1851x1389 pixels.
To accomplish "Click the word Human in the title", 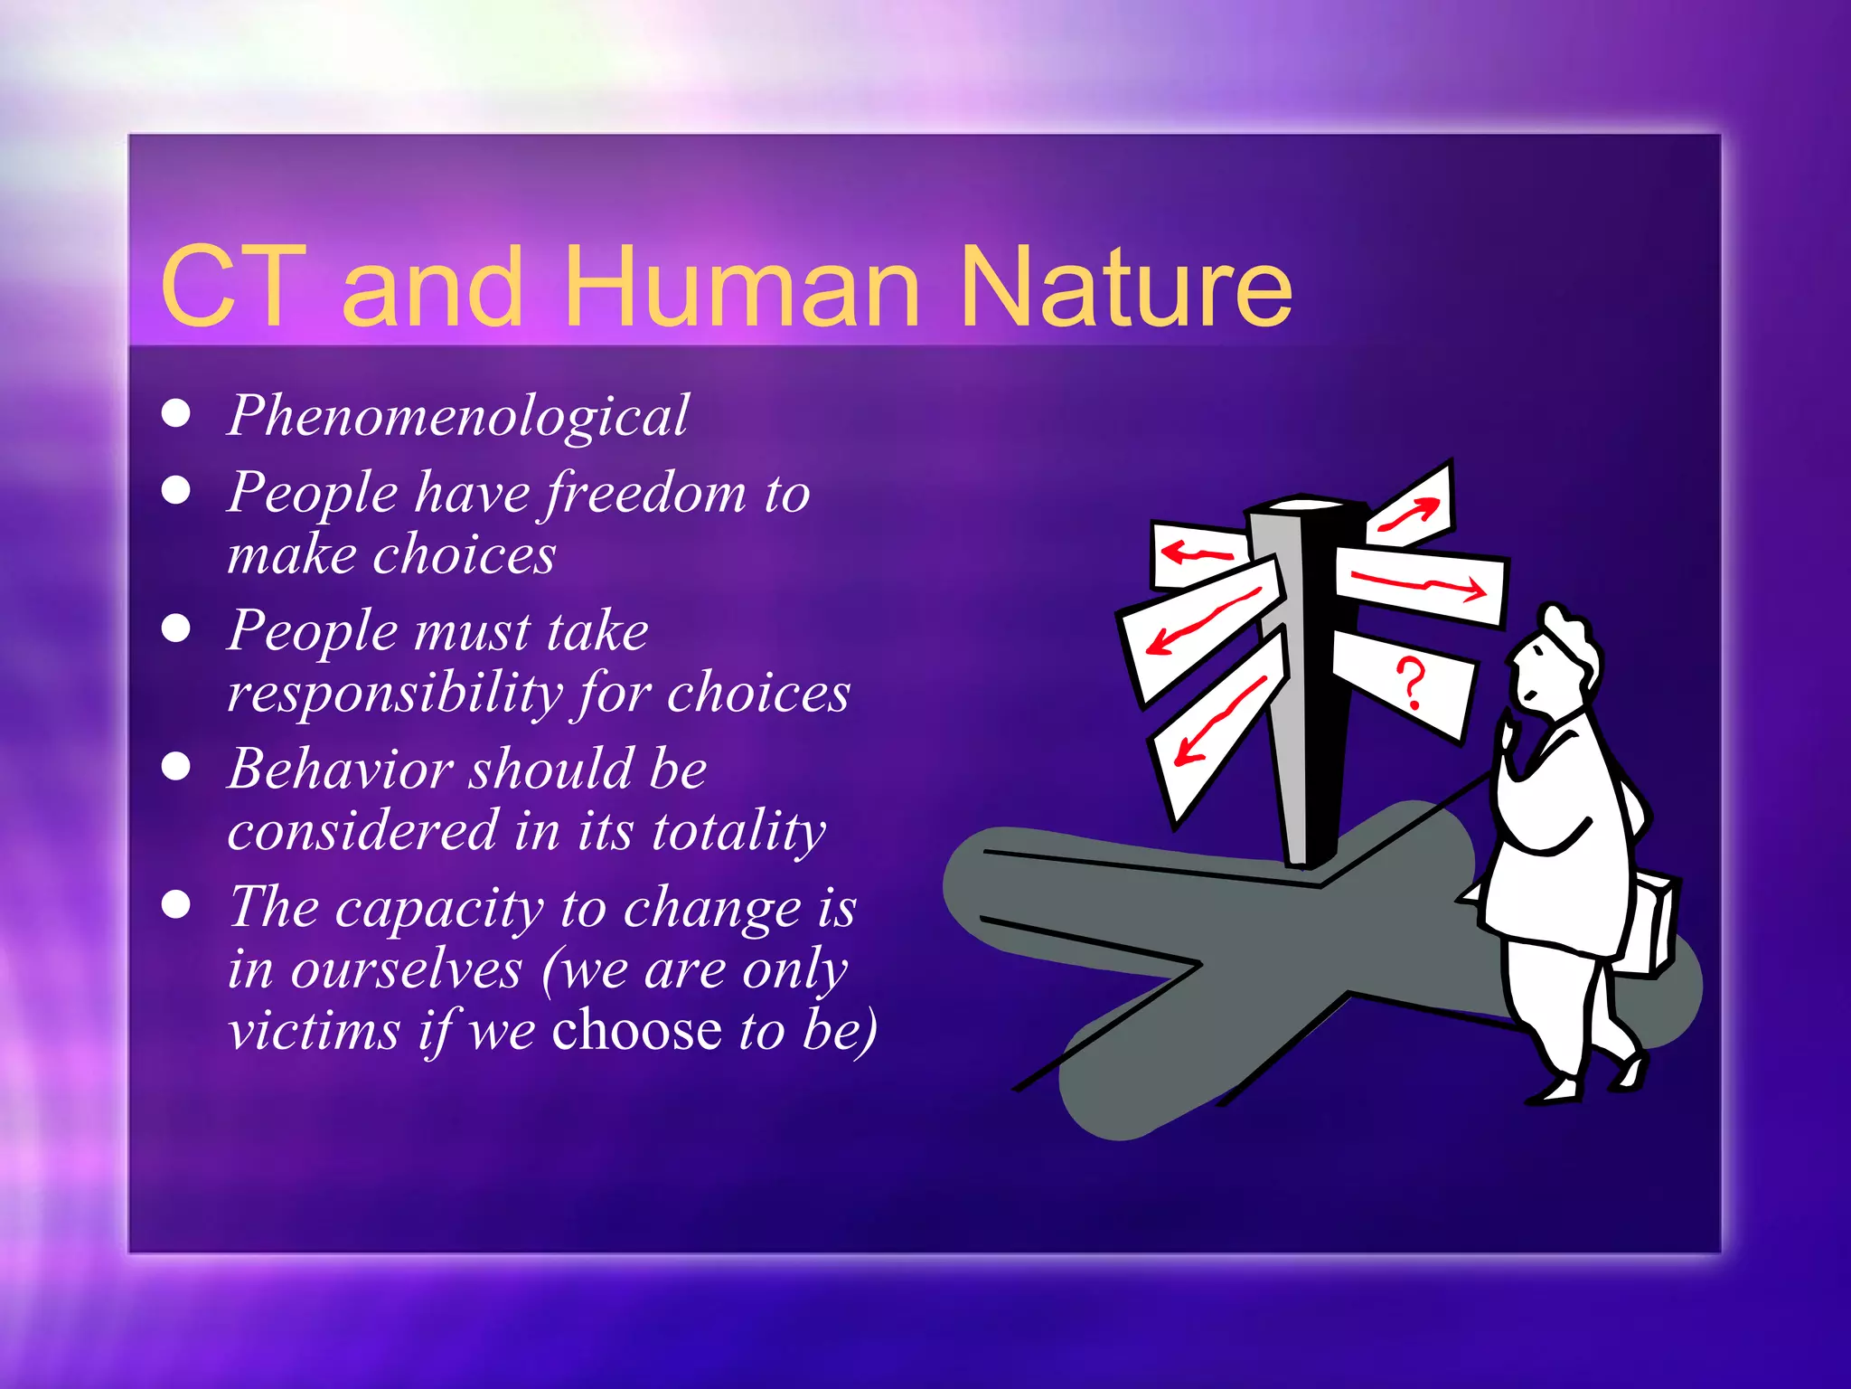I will tap(741, 288).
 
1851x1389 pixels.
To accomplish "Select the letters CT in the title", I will tap(232, 288).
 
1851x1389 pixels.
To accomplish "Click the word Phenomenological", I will tap(457, 417).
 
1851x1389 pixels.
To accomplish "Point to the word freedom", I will tap(645, 495).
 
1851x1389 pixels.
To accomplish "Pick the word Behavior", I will tap(339, 770).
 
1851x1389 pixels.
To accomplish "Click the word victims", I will tap(314, 1031).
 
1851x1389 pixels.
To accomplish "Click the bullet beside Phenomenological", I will tap(176, 414).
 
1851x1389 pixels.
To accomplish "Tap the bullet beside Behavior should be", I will tap(176, 767).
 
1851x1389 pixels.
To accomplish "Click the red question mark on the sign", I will tap(1410, 683).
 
